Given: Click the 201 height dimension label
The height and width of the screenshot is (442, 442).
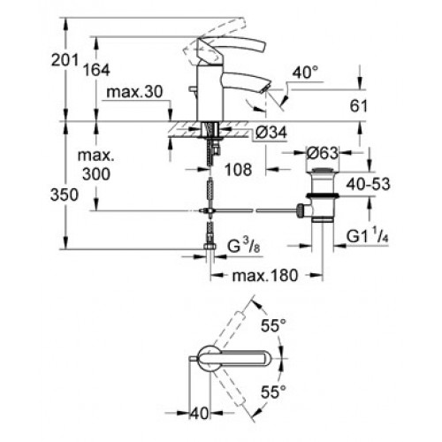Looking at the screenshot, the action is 65,60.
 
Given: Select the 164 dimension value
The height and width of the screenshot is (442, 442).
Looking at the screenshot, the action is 96,70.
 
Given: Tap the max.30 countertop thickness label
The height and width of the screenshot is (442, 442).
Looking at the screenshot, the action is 134,92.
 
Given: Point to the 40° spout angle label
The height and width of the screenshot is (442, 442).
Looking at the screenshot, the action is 306,72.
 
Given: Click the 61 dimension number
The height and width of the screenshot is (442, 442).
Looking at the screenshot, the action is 359,106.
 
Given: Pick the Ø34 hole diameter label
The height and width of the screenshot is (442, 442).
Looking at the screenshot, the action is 271,133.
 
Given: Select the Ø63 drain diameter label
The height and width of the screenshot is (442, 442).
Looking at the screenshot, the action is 322,153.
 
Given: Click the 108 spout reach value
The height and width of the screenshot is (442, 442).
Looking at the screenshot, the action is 239,170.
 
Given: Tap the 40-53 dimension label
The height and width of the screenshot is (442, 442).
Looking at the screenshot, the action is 368,184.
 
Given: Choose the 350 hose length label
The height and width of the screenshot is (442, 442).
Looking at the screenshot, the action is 65,194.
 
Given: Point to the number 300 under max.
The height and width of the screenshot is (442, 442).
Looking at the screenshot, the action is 96,174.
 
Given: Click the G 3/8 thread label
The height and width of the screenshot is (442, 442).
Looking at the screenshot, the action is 244,247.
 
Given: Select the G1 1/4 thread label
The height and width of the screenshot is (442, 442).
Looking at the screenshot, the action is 368,236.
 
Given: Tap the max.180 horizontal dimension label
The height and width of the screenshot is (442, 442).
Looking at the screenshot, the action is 265,276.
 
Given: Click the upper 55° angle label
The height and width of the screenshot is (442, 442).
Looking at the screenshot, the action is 273,326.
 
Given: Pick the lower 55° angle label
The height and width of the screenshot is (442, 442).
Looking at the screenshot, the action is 273,392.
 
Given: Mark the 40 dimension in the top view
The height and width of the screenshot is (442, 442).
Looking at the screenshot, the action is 199,414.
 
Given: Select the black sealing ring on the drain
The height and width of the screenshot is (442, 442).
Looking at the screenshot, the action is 322,195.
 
